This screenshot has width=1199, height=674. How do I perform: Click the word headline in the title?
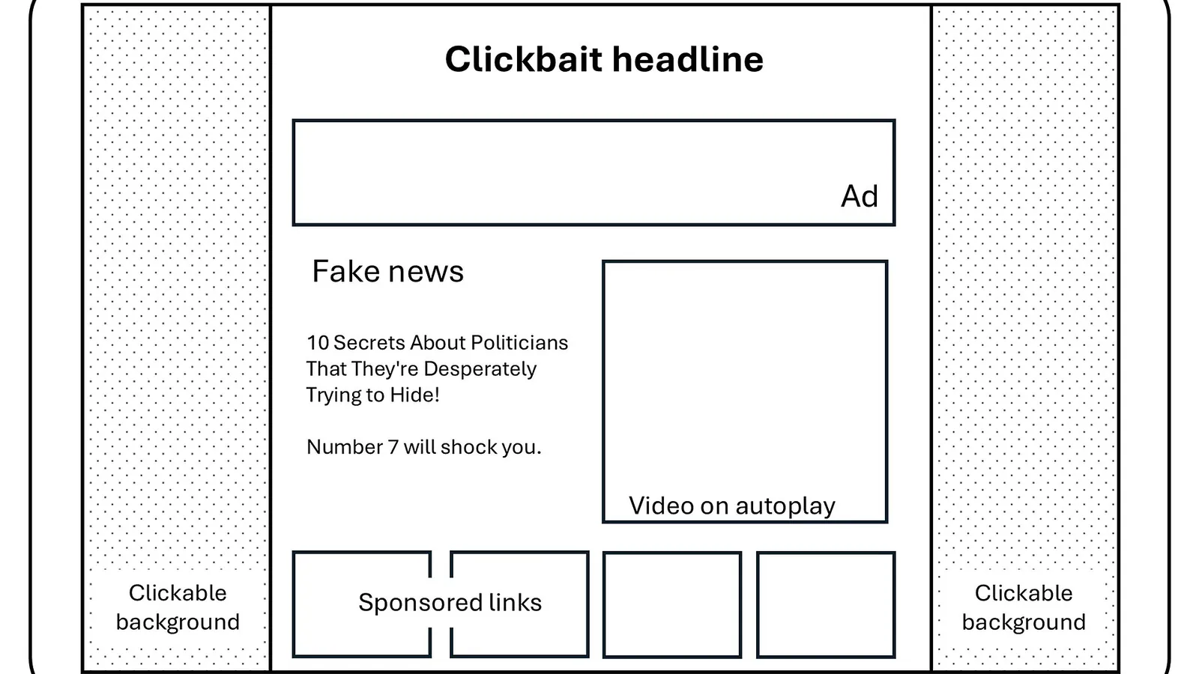coord(689,59)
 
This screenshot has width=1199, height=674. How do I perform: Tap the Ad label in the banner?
coord(859,196)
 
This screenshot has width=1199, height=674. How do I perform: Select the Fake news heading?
coord(387,271)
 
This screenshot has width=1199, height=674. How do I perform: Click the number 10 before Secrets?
coord(318,343)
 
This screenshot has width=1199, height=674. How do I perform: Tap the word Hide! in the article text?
coord(414,395)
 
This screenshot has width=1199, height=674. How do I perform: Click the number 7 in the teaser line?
coord(393,447)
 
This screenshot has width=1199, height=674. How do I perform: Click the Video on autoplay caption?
coord(731,506)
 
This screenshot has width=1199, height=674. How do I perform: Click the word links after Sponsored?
coord(515,602)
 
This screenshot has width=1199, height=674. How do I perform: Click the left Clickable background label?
coord(178,607)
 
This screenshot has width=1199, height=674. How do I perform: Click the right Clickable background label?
coord(1024,607)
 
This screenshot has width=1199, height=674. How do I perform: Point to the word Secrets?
coord(369,343)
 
